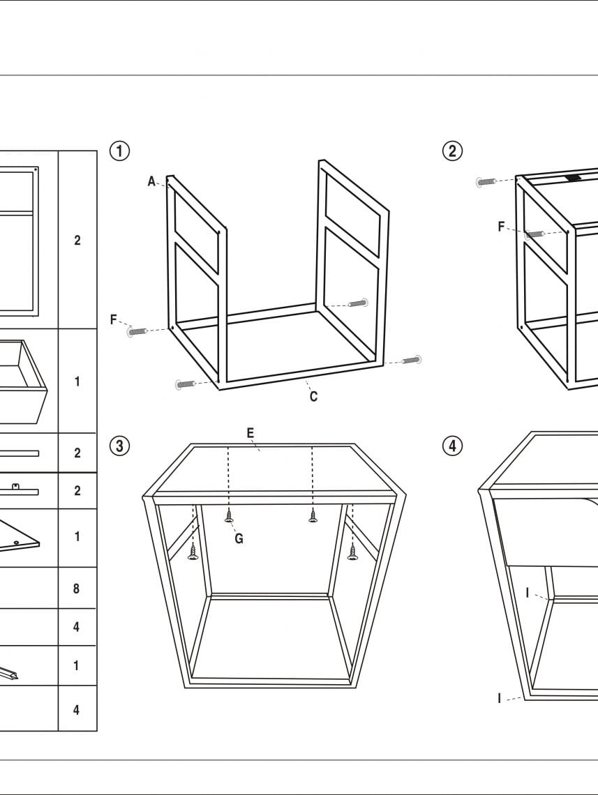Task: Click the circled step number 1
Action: click(120, 151)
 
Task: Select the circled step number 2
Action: click(453, 151)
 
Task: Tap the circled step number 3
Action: click(120, 446)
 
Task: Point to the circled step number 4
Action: click(453, 446)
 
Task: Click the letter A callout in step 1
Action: click(151, 181)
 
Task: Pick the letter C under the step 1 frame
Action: click(313, 397)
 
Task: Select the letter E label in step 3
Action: click(250, 433)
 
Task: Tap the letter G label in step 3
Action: click(239, 538)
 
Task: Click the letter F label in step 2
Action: click(501, 227)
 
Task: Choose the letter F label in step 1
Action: click(114, 320)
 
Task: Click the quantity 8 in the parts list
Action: click(77, 589)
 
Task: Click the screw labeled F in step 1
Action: click(137, 331)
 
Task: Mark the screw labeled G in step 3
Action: click(229, 517)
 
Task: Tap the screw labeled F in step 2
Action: click(535, 234)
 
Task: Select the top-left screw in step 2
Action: click(486, 182)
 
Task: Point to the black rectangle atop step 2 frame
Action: click(573, 178)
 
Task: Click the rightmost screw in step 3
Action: click(352, 553)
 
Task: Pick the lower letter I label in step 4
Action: click(500, 698)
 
